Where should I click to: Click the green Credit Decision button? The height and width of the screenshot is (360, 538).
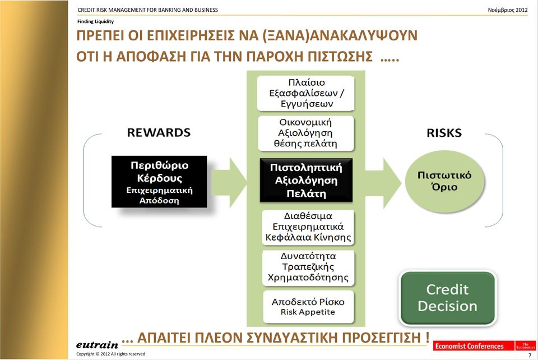tap(448, 298)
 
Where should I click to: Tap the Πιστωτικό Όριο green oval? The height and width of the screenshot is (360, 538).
tap(444, 181)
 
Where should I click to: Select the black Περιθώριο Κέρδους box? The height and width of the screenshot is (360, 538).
tap(159, 182)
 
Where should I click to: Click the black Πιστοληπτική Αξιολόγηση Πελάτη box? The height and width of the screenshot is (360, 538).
tap(306, 180)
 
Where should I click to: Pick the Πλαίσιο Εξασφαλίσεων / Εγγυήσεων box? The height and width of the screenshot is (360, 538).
tap(306, 93)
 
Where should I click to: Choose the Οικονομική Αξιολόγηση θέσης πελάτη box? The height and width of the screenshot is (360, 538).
tap(306, 133)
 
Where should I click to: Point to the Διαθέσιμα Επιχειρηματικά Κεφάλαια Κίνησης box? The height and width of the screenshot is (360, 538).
tap(308, 227)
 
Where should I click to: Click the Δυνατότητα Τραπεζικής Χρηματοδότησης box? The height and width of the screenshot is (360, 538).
tap(308, 267)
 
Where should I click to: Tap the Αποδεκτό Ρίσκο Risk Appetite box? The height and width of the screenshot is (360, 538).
tap(308, 307)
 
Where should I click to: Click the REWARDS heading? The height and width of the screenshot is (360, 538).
tap(159, 132)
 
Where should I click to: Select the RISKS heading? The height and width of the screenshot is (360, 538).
tap(444, 133)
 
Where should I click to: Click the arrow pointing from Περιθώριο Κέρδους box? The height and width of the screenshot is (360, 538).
tap(229, 182)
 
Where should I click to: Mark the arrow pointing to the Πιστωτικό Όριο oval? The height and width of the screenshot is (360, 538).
tap(383, 183)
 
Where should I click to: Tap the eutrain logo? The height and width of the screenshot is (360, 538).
tap(97, 344)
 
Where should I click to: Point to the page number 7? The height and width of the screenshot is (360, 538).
tap(530, 355)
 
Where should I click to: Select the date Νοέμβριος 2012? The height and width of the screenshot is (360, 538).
tap(508, 10)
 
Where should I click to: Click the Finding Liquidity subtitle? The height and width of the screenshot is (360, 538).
tap(95, 21)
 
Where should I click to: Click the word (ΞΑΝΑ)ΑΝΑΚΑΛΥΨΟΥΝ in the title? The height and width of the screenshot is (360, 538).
tap(340, 36)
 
